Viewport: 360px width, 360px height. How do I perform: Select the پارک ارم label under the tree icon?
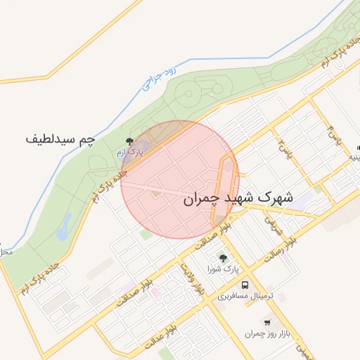coord(129,151)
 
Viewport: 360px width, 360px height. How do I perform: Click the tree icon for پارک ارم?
coord(129,141)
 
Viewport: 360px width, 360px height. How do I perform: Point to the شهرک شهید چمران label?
coord(238,198)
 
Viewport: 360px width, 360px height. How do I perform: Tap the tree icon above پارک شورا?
coord(224,259)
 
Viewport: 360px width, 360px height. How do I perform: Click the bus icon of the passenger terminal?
coord(245,285)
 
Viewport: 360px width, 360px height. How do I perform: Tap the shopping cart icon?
coord(268,323)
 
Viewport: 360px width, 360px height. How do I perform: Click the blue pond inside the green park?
coord(65,226)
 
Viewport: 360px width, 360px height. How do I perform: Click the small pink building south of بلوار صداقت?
coord(156,292)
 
